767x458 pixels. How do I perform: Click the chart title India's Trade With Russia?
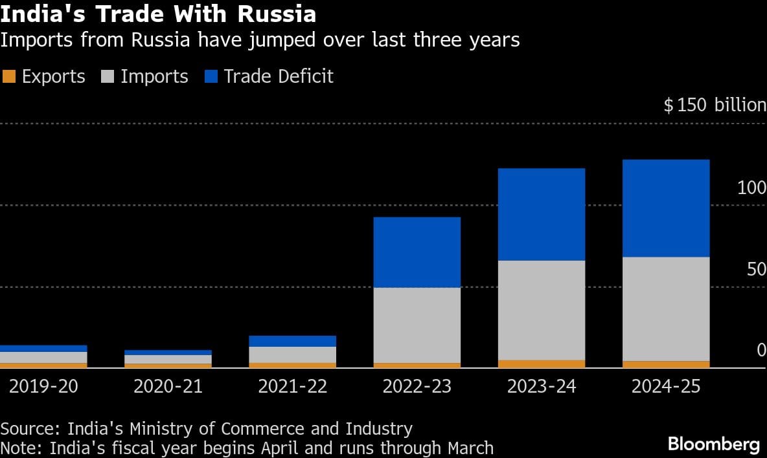tap(158, 14)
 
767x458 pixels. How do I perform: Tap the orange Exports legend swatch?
tap(9, 76)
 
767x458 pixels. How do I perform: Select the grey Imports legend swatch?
tap(108, 76)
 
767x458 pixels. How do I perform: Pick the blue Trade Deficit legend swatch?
tap(211, 76)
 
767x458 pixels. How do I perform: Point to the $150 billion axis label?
tap(715, 105)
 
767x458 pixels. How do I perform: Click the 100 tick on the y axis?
tap(751, 188)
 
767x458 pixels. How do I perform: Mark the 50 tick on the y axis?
tap(756, 269)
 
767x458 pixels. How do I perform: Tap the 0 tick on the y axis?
tap(761, 350)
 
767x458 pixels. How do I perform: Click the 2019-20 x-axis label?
tap(43, 387)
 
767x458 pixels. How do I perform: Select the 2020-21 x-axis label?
tap(168, 387)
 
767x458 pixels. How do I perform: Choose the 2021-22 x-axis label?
tap(292, 387)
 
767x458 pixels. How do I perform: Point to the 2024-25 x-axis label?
tap(666, 387)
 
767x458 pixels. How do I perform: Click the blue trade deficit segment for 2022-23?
tap(417, 252)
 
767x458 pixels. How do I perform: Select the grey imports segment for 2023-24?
tap(542, 310)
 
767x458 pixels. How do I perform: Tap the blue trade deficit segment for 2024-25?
tap(666, 208)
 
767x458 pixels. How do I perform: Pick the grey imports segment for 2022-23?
tap(417, 325)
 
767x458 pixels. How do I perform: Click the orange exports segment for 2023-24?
tap(542, 364)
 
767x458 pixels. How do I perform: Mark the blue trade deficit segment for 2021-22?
tap(292, 341)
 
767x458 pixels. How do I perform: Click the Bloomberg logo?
tap(713, 444)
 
